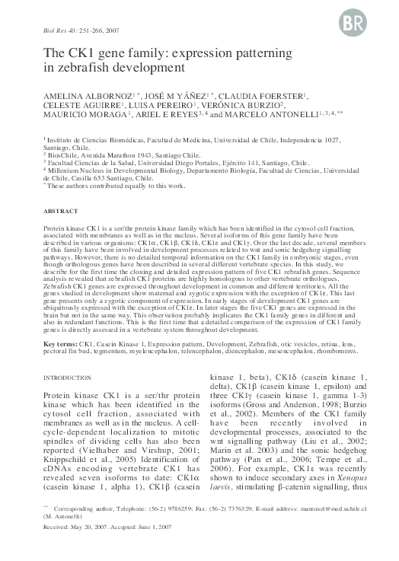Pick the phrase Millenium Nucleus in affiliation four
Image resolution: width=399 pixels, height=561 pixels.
(78, 172)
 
